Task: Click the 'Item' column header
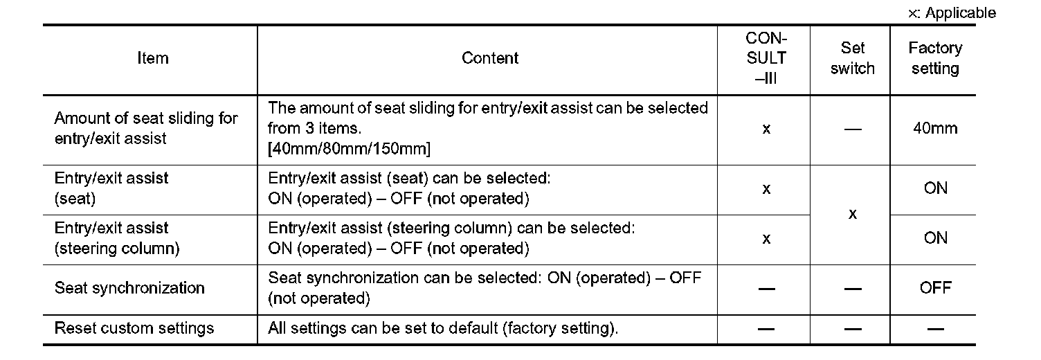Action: click(x=152, y=58)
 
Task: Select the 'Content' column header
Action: click(x=489, y=58)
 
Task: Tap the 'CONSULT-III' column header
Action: click(x=766, y=58)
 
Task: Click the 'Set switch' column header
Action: click(x=853, y=58)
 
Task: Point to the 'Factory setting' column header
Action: click(x=934, y=58)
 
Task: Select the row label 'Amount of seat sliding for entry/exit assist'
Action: click(x=145, y=128)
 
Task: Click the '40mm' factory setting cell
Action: click(x=934, y=128)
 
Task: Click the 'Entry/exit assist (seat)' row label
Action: click(x=111, y=188)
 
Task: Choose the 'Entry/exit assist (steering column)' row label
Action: click(x=116, y=238)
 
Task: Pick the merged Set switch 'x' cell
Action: click(x=853, y=214)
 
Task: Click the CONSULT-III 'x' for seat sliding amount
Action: click(x=766, y=129)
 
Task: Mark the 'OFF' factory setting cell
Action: click(x=935, y=288)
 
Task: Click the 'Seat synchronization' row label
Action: click(x=129, y=288)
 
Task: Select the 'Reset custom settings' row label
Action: click(x=134, y=328)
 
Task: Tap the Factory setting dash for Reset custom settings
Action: click(x=934, y=329)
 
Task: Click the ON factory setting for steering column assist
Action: click(x=935, y=238)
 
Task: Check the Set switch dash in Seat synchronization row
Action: click(x=853, y=289)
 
